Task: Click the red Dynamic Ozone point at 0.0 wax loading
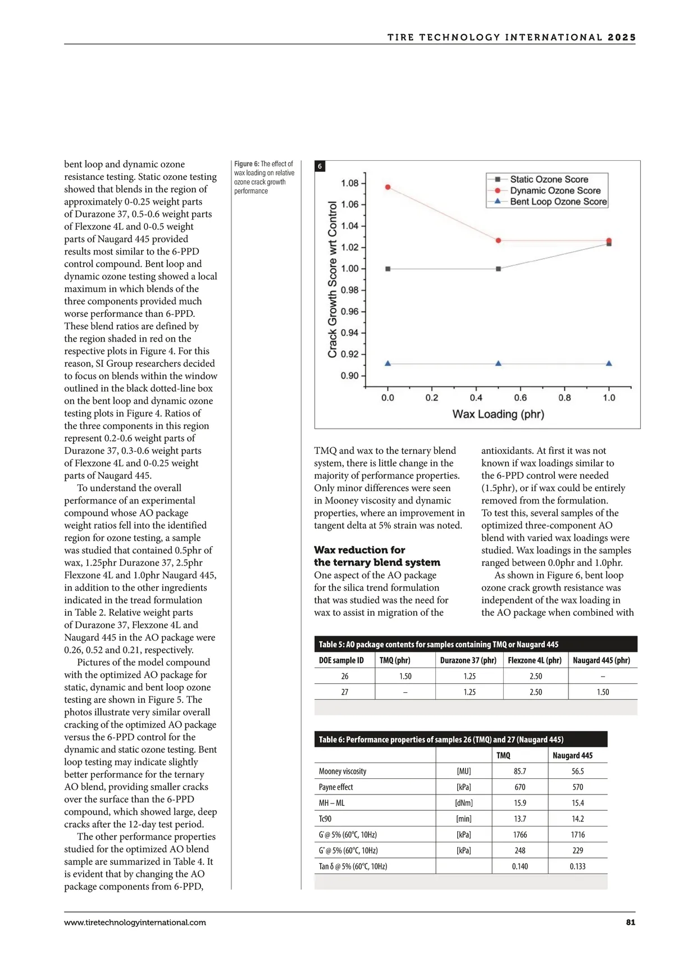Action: point(388,187)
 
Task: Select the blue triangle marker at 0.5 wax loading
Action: point(498,364)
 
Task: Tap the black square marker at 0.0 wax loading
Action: point(388,269)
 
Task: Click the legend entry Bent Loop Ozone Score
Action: point(558,201)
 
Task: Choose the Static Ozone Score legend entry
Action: point(549,179)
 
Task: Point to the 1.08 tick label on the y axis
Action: point(349,183)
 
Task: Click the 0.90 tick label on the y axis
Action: point(349,375)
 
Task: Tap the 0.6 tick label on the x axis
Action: point(521,398)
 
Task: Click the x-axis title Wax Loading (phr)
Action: point(498,414)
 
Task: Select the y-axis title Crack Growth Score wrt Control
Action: point(333,280)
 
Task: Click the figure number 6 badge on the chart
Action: point(320,166)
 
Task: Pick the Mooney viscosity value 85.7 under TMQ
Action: point(520,772)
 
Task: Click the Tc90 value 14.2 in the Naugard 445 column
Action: point(577,819)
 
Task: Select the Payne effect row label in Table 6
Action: point(336,787)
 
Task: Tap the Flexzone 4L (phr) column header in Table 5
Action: point(535,660)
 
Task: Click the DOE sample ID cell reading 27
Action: point(344,692)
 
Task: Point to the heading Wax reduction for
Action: point(359,550)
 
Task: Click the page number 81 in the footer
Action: point(630,922)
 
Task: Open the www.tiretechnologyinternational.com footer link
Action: point(135,922)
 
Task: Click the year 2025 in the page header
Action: point(622,38)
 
